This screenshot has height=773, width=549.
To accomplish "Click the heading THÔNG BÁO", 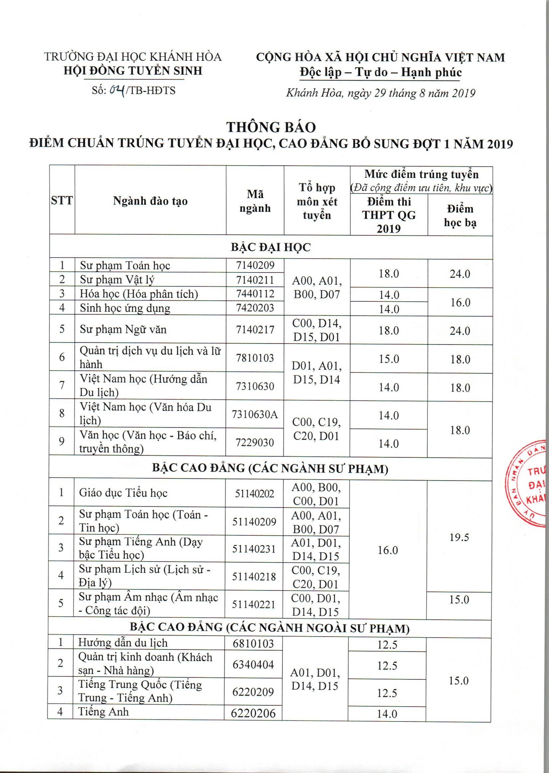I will pos(271,127).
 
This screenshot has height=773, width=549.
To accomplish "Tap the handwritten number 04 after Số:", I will pos(117,90).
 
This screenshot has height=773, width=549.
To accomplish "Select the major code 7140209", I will pos(255,265).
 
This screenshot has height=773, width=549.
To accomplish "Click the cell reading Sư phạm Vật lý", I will pos(117,280).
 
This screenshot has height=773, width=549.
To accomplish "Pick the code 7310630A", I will pos(254,414).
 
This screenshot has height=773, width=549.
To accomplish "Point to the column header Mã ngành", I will pos(255,201).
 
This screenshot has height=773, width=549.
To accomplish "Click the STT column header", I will pos(62,200).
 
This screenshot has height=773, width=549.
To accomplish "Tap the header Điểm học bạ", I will pos(460,215).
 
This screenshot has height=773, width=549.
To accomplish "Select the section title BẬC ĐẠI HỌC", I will pos(271,247).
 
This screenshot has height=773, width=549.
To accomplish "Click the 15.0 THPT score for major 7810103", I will pos(389,359).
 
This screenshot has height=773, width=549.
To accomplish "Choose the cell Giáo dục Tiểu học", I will pos(124,493).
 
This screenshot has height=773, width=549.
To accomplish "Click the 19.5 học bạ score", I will pos(459,537).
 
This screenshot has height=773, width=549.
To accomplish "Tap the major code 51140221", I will pos(253,604).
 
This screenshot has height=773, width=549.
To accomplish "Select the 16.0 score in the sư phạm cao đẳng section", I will pos(388,550).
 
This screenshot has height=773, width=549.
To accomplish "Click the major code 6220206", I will pos(253,713).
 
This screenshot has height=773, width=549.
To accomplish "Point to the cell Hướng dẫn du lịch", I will pos(123,643).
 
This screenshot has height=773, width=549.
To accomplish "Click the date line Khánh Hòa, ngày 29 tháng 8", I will pos(381,93).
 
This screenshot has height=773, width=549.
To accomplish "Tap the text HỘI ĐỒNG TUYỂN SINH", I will pos(133,71).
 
